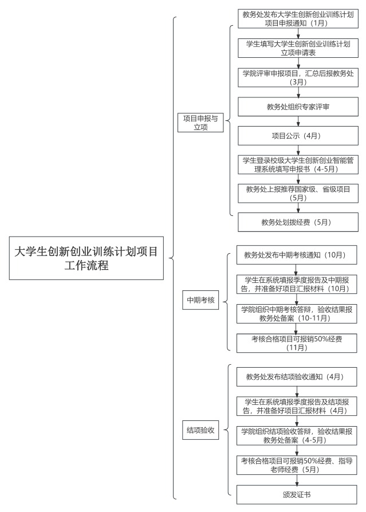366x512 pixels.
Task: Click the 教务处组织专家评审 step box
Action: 298,107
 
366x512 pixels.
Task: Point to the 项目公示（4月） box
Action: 298,136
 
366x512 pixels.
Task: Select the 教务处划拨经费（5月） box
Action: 298,222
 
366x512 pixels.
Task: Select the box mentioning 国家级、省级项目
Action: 298,193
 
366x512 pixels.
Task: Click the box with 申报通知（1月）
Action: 298,18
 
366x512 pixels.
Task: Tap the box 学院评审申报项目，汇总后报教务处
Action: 298,77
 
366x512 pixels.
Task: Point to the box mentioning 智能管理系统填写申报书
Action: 298,164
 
